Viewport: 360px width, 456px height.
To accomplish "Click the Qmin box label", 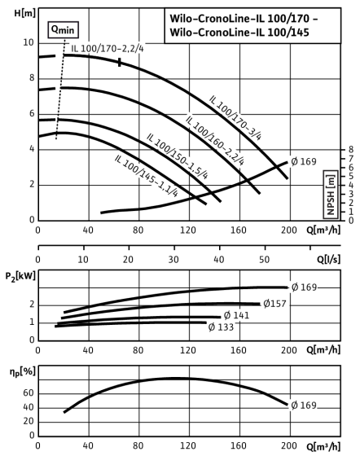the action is pos(63,29).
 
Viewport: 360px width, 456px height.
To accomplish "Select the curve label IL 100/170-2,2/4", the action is pos(108,48).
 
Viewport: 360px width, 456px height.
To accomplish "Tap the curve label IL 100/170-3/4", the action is pos(235,118).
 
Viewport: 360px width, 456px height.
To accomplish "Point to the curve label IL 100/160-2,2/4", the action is pos(214,140).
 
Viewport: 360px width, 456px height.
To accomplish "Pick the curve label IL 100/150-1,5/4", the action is pos(177,156).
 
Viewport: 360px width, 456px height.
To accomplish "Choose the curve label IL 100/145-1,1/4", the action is pos(146,176).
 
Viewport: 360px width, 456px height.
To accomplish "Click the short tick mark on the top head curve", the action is pos(120,62).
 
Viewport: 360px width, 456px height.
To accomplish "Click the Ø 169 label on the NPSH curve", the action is pos(304,161).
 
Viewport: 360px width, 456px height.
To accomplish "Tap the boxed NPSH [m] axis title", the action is pos(331,195).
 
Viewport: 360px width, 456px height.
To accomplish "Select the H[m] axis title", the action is pos(25,13).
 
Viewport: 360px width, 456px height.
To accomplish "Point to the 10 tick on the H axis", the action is pos(29,42).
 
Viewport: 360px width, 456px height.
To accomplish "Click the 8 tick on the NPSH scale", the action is pos(351,150).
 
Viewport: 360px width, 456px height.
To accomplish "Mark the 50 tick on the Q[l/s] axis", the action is pos(264,259).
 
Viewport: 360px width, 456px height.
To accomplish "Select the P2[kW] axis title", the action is pos(20,276).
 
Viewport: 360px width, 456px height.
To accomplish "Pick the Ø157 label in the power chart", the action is pos(274,304).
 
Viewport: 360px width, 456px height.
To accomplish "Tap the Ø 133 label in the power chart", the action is pos(221,327).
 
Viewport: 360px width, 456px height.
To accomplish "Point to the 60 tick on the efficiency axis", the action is pos(29,393).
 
